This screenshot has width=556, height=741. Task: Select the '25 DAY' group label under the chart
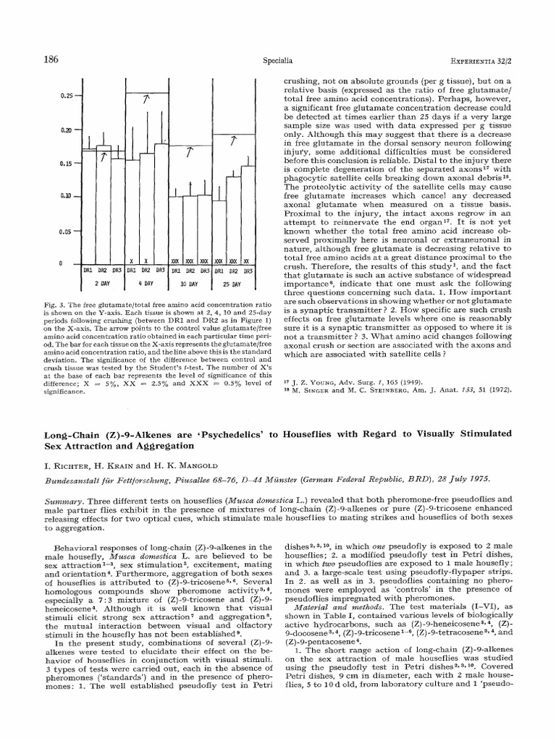coord(232,284)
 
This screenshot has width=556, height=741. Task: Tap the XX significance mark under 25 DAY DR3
coord(247,261)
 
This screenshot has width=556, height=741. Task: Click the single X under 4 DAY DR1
coord(131,261)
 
